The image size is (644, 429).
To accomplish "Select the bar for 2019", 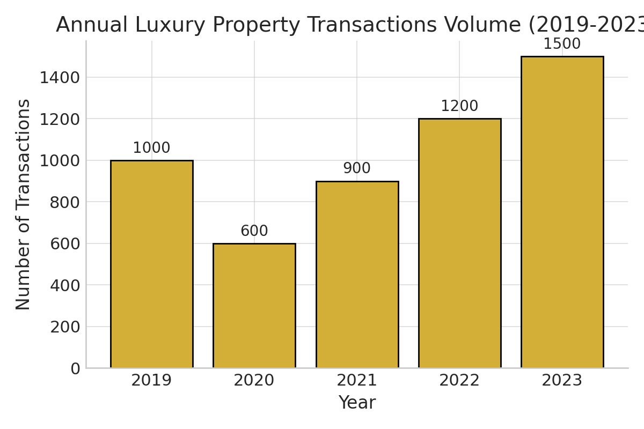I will pyautogui.click(x=151, y=264).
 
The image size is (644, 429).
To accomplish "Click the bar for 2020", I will pyautogui.click(x=254, y=306).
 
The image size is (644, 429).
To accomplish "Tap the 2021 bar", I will pyautogui.click(x=357, y=275).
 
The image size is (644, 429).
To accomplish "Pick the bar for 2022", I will pyautogui.click(x=459, y=243).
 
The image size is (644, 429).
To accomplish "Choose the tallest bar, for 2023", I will pyautogui.click(x=562, y=212).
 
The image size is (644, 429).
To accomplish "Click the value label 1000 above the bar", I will pyautogui.click(x=151, y=148).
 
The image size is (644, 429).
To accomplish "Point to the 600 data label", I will pyautogui.click(x=254, y=231).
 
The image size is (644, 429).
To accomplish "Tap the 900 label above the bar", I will pyautogui.click(x=357, y=168).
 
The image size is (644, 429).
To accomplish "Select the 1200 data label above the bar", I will pyautogui.click(x=459, y=106).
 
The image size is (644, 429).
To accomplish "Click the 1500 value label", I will pyautogui.click(x=562, y=44).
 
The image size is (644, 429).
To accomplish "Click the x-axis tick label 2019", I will pyautogui.click(x=151, y=381).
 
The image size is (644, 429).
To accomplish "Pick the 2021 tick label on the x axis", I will pyautogui.click(x=357, y=381).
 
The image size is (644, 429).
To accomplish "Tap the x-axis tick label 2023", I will pyautogui.click(x=562, y=381).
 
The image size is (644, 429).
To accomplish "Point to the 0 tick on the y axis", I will pyautogui.click(x=75, y=368).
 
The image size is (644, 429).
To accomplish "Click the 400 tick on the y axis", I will pyautogui.click(x=65, y=285).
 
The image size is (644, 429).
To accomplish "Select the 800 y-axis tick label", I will pyautogui.click(x=65, y=202).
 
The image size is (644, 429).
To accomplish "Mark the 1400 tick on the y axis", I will pyautogui.click(x=60, y=78).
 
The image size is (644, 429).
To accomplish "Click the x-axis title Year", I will pyautogui.click(x=357, y=403).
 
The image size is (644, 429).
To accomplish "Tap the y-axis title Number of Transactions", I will pyautogui.click(x=24, y=204).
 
